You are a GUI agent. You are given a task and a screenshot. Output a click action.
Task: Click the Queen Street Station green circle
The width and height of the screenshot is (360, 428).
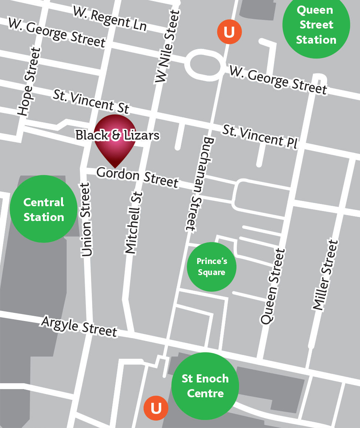(316, 25)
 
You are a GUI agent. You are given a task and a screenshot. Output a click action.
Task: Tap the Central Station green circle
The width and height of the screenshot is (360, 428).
(44, 209)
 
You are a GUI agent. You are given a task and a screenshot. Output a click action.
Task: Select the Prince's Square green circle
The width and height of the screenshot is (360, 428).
(212, 267)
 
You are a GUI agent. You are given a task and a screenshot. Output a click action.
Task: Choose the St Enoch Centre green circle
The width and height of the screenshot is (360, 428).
(205, 386)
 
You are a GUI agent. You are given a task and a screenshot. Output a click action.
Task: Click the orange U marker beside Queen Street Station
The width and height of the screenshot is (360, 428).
(229, 32)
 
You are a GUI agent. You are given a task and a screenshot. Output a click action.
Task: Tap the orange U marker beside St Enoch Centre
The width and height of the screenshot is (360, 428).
(156, 408)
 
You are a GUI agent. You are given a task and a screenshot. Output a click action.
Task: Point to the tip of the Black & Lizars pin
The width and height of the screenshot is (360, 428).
(115, 167)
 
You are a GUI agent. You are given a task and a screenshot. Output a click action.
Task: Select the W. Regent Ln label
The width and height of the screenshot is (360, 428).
(110, 18)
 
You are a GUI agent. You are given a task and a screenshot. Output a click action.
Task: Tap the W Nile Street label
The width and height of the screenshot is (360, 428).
(167, 46)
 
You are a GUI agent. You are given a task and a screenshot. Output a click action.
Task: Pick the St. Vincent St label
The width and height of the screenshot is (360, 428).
(91, 101)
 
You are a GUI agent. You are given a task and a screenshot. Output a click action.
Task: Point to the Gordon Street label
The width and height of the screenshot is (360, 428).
(137, 177)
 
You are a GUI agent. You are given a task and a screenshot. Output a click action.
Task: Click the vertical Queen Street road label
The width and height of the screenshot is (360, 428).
(273, 287)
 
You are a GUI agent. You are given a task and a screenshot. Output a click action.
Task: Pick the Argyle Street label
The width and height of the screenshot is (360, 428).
(79, 326)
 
